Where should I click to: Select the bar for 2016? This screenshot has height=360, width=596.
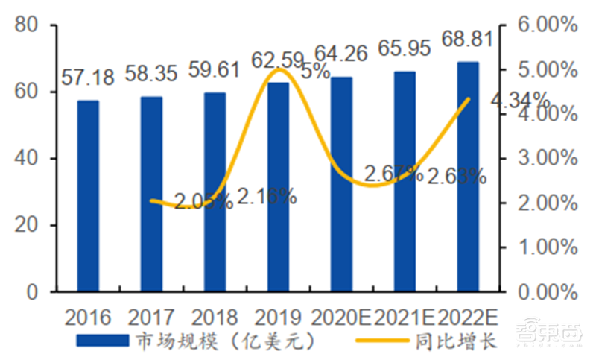pyautogui.click(x=88, y=195)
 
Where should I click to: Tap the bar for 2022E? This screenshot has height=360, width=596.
pyautogui.click(x=468, y=177)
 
